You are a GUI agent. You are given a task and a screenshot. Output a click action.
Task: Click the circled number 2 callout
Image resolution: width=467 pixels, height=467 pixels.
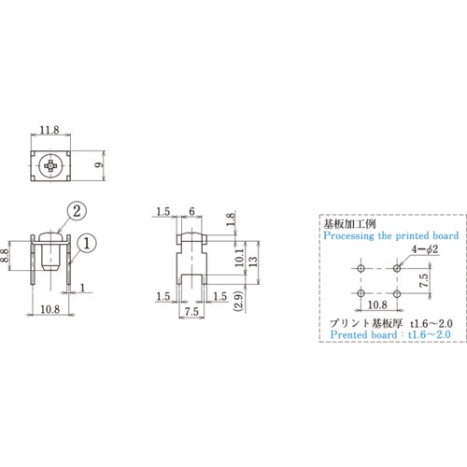click(x=77, y=210)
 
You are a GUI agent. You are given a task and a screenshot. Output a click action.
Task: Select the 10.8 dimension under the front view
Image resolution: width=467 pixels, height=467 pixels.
click(x=50, y=308)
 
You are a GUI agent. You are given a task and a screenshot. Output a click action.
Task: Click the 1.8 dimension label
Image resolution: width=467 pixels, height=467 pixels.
click(x=230, y=219)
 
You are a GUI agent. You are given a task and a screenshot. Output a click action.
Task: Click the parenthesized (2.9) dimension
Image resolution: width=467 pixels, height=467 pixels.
click(x=240, y=302)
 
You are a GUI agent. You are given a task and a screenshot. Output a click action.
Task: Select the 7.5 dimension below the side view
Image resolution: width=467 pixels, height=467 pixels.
click(x=191, y=309)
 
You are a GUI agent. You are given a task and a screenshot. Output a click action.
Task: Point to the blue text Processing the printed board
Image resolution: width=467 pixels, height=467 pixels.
click(x=390, y=237)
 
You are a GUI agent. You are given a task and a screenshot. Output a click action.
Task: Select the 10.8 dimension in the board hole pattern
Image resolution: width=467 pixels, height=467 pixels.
click(x=379, y=304)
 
